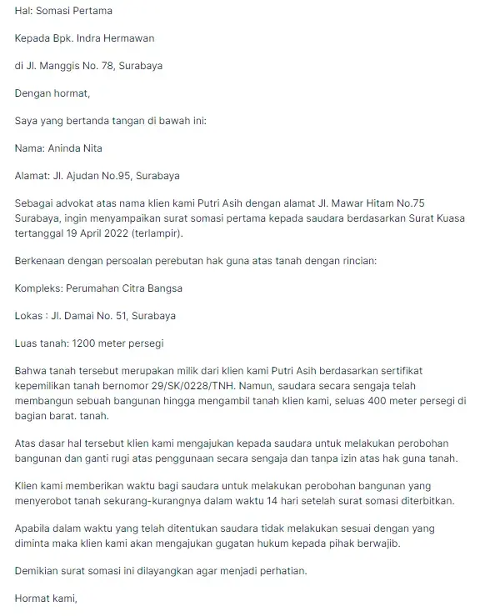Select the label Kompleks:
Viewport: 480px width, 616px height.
[41, 288]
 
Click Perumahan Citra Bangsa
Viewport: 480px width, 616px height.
[127, 288]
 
